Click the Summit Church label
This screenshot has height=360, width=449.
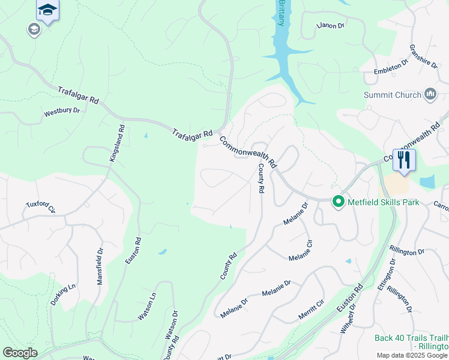coord(392,95)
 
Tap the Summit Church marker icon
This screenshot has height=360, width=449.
coord(430,94)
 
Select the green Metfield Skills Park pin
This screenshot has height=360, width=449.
coord(339,202)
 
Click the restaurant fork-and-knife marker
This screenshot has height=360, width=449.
coord(404,160)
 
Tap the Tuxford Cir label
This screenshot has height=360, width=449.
coord(40,207)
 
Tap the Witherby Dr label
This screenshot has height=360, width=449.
coord(349,317)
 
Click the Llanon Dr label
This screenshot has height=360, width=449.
coord(331,26)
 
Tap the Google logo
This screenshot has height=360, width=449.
coord(20,353)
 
